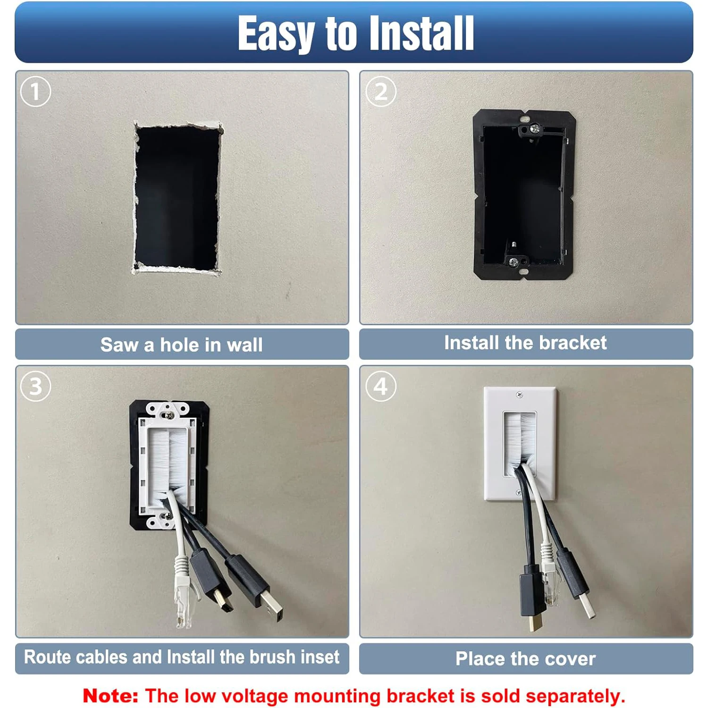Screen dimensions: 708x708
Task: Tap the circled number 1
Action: click(35, 92)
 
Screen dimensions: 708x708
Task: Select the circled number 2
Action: click(381, 92)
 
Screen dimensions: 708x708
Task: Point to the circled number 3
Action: click(35, 387)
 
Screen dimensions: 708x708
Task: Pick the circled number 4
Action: click(381, 387)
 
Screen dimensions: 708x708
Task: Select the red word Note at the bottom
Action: click(110, 696)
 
